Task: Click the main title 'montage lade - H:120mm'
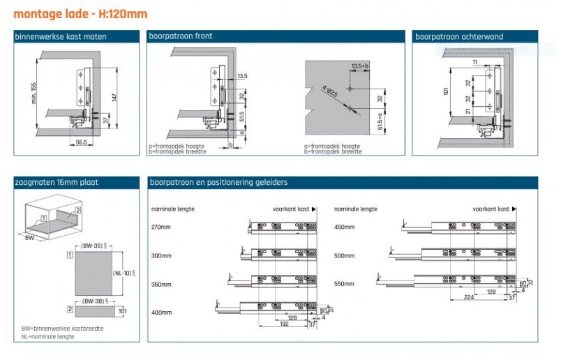coord(80,13)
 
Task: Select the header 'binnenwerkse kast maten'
coord(61,36)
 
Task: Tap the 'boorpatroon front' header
coord(181,36)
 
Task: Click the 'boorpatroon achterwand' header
coord(459,36)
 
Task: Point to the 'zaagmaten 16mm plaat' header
coord(57,183)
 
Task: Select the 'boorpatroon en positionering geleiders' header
coord(218,183)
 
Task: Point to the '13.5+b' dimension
coord(360,66)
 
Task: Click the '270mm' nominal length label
coord(161,227)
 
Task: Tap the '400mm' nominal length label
coord(161,312)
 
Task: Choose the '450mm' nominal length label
coord(345,227)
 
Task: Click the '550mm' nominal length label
coord(345,284)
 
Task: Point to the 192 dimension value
coord(283,324)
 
